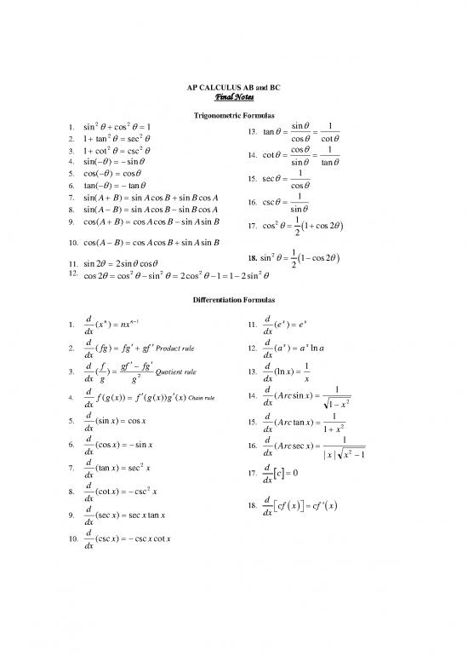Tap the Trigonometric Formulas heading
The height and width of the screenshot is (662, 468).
pos(234,115)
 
